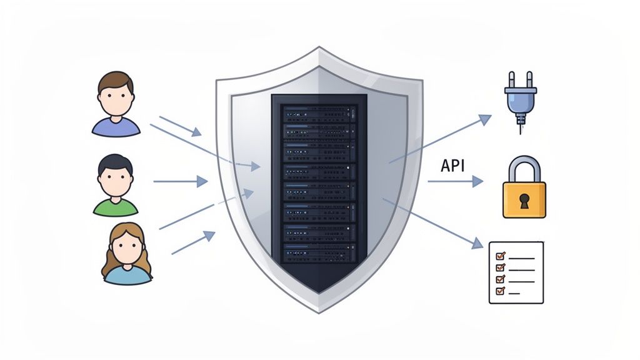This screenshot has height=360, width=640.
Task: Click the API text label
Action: pos(456,166)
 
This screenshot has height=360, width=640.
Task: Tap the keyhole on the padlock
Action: pos(524,199)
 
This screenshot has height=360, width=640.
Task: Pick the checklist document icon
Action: pos(516,272)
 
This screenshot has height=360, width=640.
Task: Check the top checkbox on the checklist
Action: pos(499,256)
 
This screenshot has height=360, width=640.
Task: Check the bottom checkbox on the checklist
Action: pos(499,291)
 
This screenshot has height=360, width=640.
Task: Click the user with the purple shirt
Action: pos(116,104)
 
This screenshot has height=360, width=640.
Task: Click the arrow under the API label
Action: pos(455,182)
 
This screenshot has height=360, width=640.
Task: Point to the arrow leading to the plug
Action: pos(440,139)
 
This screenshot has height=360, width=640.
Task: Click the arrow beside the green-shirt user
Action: pos(180,181)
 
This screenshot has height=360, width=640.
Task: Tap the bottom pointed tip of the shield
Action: pos(320,311)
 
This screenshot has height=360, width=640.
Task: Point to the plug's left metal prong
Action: pos(511,80)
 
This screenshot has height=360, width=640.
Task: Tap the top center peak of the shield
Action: pos(319,48)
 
